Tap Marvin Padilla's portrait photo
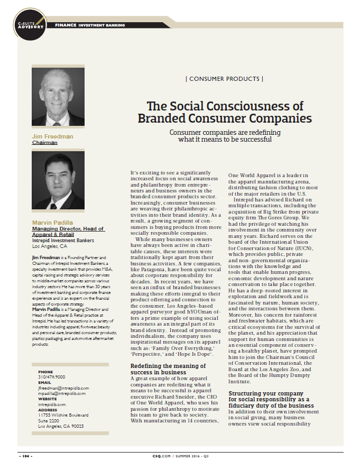(x=58, y=181)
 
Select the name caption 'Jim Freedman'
(x=52, y=136)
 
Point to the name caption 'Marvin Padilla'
(x=53, y=223)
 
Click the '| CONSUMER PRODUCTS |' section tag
(x=225, y=79)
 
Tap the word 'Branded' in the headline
(x=160, y=118)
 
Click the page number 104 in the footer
(x=26, y=455)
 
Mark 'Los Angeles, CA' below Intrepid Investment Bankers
(x=50, y=246)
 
